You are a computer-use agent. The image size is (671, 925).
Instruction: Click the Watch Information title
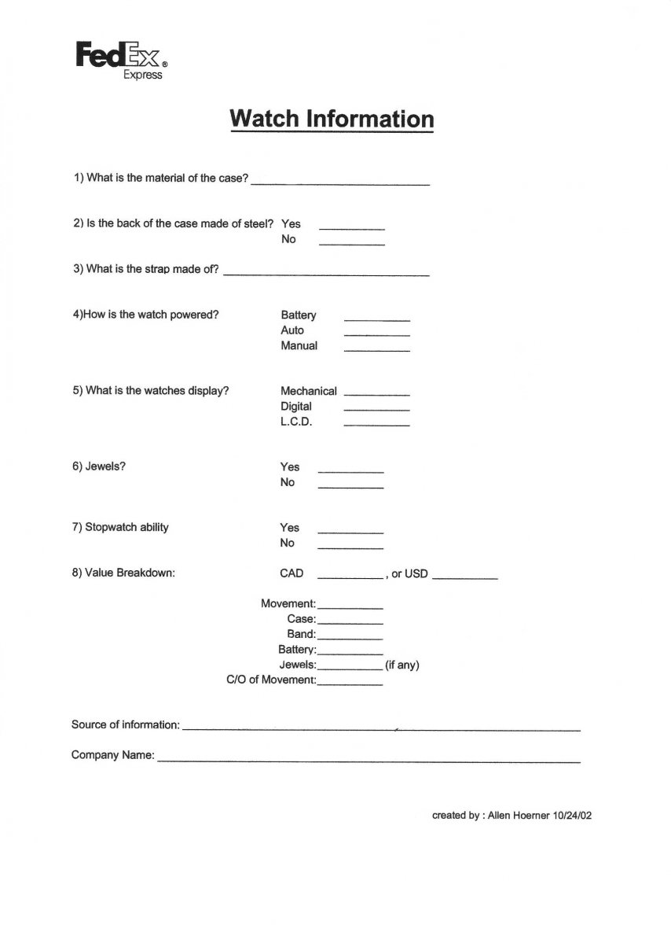click(331, 119)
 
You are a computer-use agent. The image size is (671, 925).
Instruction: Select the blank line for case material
click(340, 182)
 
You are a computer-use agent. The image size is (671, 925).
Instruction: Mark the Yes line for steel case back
click(351, 227)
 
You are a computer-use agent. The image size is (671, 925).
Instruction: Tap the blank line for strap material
click(326, 275)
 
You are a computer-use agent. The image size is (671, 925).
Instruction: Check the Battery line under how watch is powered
click(376, 319)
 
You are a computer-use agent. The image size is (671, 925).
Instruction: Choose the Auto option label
click(292, 330)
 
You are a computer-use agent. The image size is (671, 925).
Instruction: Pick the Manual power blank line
click(376, 349)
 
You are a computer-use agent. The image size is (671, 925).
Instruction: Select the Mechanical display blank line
click(376, 392)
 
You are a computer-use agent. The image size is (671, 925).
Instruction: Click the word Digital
click(296, 407)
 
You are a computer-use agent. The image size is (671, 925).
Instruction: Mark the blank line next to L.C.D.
click(376, 424)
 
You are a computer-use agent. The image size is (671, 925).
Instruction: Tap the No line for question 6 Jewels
click(350, 488)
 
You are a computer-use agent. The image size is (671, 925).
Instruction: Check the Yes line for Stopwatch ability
click(350, 532)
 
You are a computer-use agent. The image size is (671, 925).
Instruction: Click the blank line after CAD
click(350, 578)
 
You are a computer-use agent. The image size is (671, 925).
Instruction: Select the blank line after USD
click(464, 578)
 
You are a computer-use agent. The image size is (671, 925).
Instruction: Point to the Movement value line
click(350, 608)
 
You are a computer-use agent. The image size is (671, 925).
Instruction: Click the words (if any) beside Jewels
click(402, 665)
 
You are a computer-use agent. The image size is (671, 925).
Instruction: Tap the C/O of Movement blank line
click(350, 684)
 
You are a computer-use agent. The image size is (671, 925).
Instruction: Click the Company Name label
click(112, 755)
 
